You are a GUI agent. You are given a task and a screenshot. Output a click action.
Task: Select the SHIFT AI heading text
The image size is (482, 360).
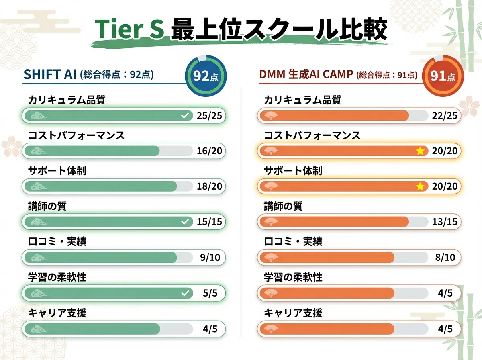[50, 74]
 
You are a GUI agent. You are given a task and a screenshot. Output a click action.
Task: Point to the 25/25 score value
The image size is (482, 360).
[209, 116]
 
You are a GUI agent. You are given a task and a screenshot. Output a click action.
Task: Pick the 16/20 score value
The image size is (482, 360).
[209, 151]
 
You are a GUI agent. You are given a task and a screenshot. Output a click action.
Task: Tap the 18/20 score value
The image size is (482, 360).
[209, 186]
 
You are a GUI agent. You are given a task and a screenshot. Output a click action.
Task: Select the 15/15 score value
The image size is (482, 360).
[209, 222]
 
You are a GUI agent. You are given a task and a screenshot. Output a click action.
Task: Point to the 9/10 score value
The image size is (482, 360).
[210, 258]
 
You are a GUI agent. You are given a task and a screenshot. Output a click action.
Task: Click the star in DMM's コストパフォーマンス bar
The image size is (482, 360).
[420, 151]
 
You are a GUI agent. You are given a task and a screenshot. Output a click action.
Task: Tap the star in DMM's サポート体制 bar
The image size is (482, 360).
[420, 186]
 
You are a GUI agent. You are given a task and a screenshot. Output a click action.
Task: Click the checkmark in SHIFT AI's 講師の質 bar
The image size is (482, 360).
[185, 222]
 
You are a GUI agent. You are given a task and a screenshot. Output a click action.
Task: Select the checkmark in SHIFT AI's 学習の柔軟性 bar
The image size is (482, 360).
[185, 293]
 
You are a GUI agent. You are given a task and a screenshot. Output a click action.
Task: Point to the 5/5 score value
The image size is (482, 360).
[210, 293]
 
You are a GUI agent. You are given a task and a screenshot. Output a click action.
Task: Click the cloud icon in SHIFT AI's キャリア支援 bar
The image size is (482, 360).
[39, 329]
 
